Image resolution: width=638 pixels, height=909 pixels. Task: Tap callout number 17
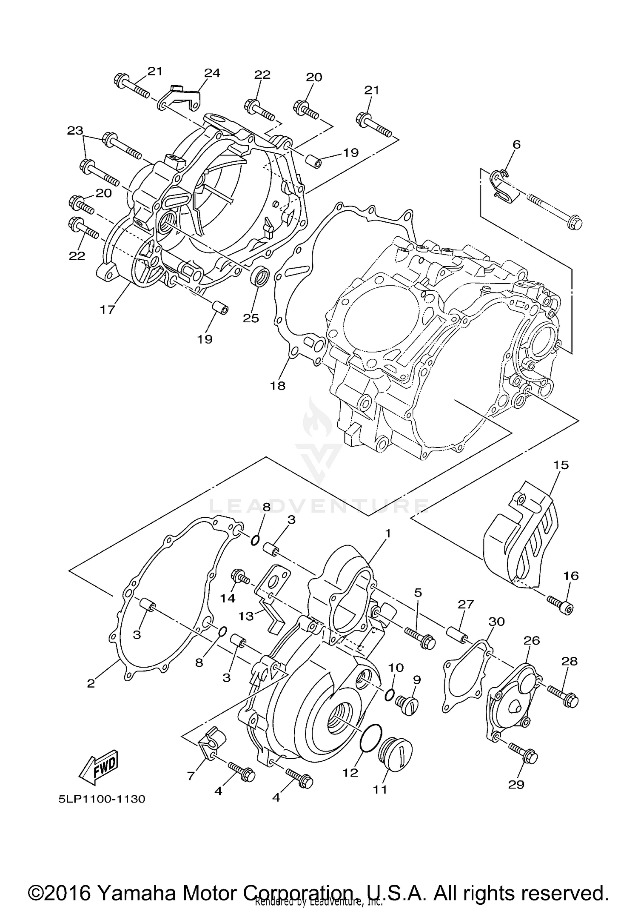pyautogui.click(x=108, y=310)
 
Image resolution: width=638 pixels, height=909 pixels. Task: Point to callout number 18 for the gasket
pyautogui.click(x=277, y=386)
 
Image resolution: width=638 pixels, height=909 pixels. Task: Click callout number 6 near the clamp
pyautogui.click(x=516, y=144)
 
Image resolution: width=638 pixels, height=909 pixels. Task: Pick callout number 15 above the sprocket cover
pyautogui.click(x=561, y=465)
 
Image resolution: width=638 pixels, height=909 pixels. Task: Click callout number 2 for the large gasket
pyautogui.click(x=91, y=683)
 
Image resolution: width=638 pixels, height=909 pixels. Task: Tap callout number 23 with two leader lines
pyautogui.click(x=75, y=130)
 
